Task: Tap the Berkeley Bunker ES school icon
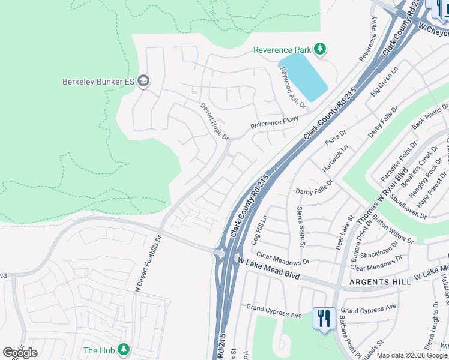pyautogui.click(x=143, y=81)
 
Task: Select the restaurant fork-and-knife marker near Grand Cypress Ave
pyautogui.click(x=324, y=318)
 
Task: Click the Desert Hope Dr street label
pyautogui.click(x=214, y=121)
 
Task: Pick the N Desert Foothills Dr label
pyautogui.click(x=148, y=262)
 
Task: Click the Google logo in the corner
pyautogui.click(x=20, y=353)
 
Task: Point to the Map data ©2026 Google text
pyautogui.click(x=412, y=355)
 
